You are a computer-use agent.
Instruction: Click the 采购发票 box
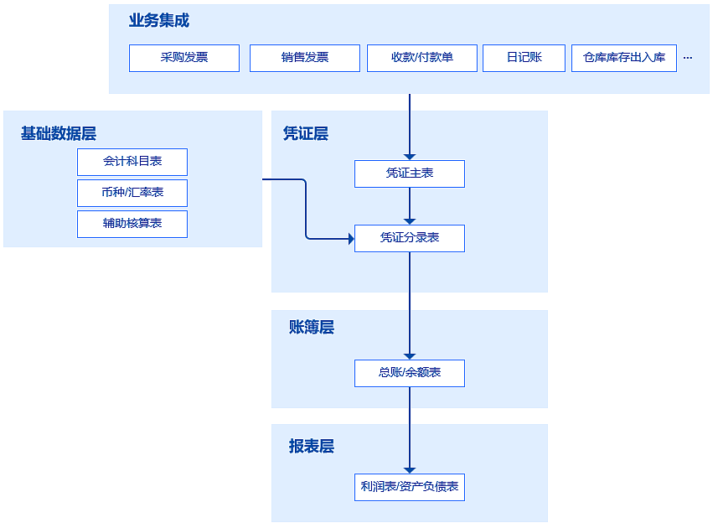click(184, 58)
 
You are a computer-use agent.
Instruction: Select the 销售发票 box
click(305, 58)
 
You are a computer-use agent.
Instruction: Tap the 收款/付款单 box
click(422, 58)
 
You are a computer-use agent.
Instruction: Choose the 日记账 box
click(524, 58)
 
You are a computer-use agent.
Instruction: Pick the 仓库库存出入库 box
click(624, 58)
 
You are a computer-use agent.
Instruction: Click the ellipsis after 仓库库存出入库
click(688, 58)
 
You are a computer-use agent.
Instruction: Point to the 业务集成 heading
click(159, 21)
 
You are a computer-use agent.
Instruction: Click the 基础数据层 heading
click(59, 133)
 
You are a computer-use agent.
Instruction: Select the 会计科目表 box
click(132, 162)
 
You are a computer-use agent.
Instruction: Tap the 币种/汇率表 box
click(132, 193)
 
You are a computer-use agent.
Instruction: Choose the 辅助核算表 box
click(132, 224)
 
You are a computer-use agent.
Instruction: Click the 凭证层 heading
click(306, 133)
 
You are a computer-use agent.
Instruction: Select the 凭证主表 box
click(410, 173)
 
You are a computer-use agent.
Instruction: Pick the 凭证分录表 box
click(410, 238)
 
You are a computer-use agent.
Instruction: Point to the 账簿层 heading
click(312, 328)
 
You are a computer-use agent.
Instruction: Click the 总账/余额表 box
click(410, 373)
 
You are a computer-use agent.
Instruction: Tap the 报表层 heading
click(312, 447)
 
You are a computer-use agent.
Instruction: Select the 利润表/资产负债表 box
click(410, 487)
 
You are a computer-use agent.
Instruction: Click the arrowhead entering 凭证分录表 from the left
click(351, 239)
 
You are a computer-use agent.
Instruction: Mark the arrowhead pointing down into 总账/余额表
click(410, 356)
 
